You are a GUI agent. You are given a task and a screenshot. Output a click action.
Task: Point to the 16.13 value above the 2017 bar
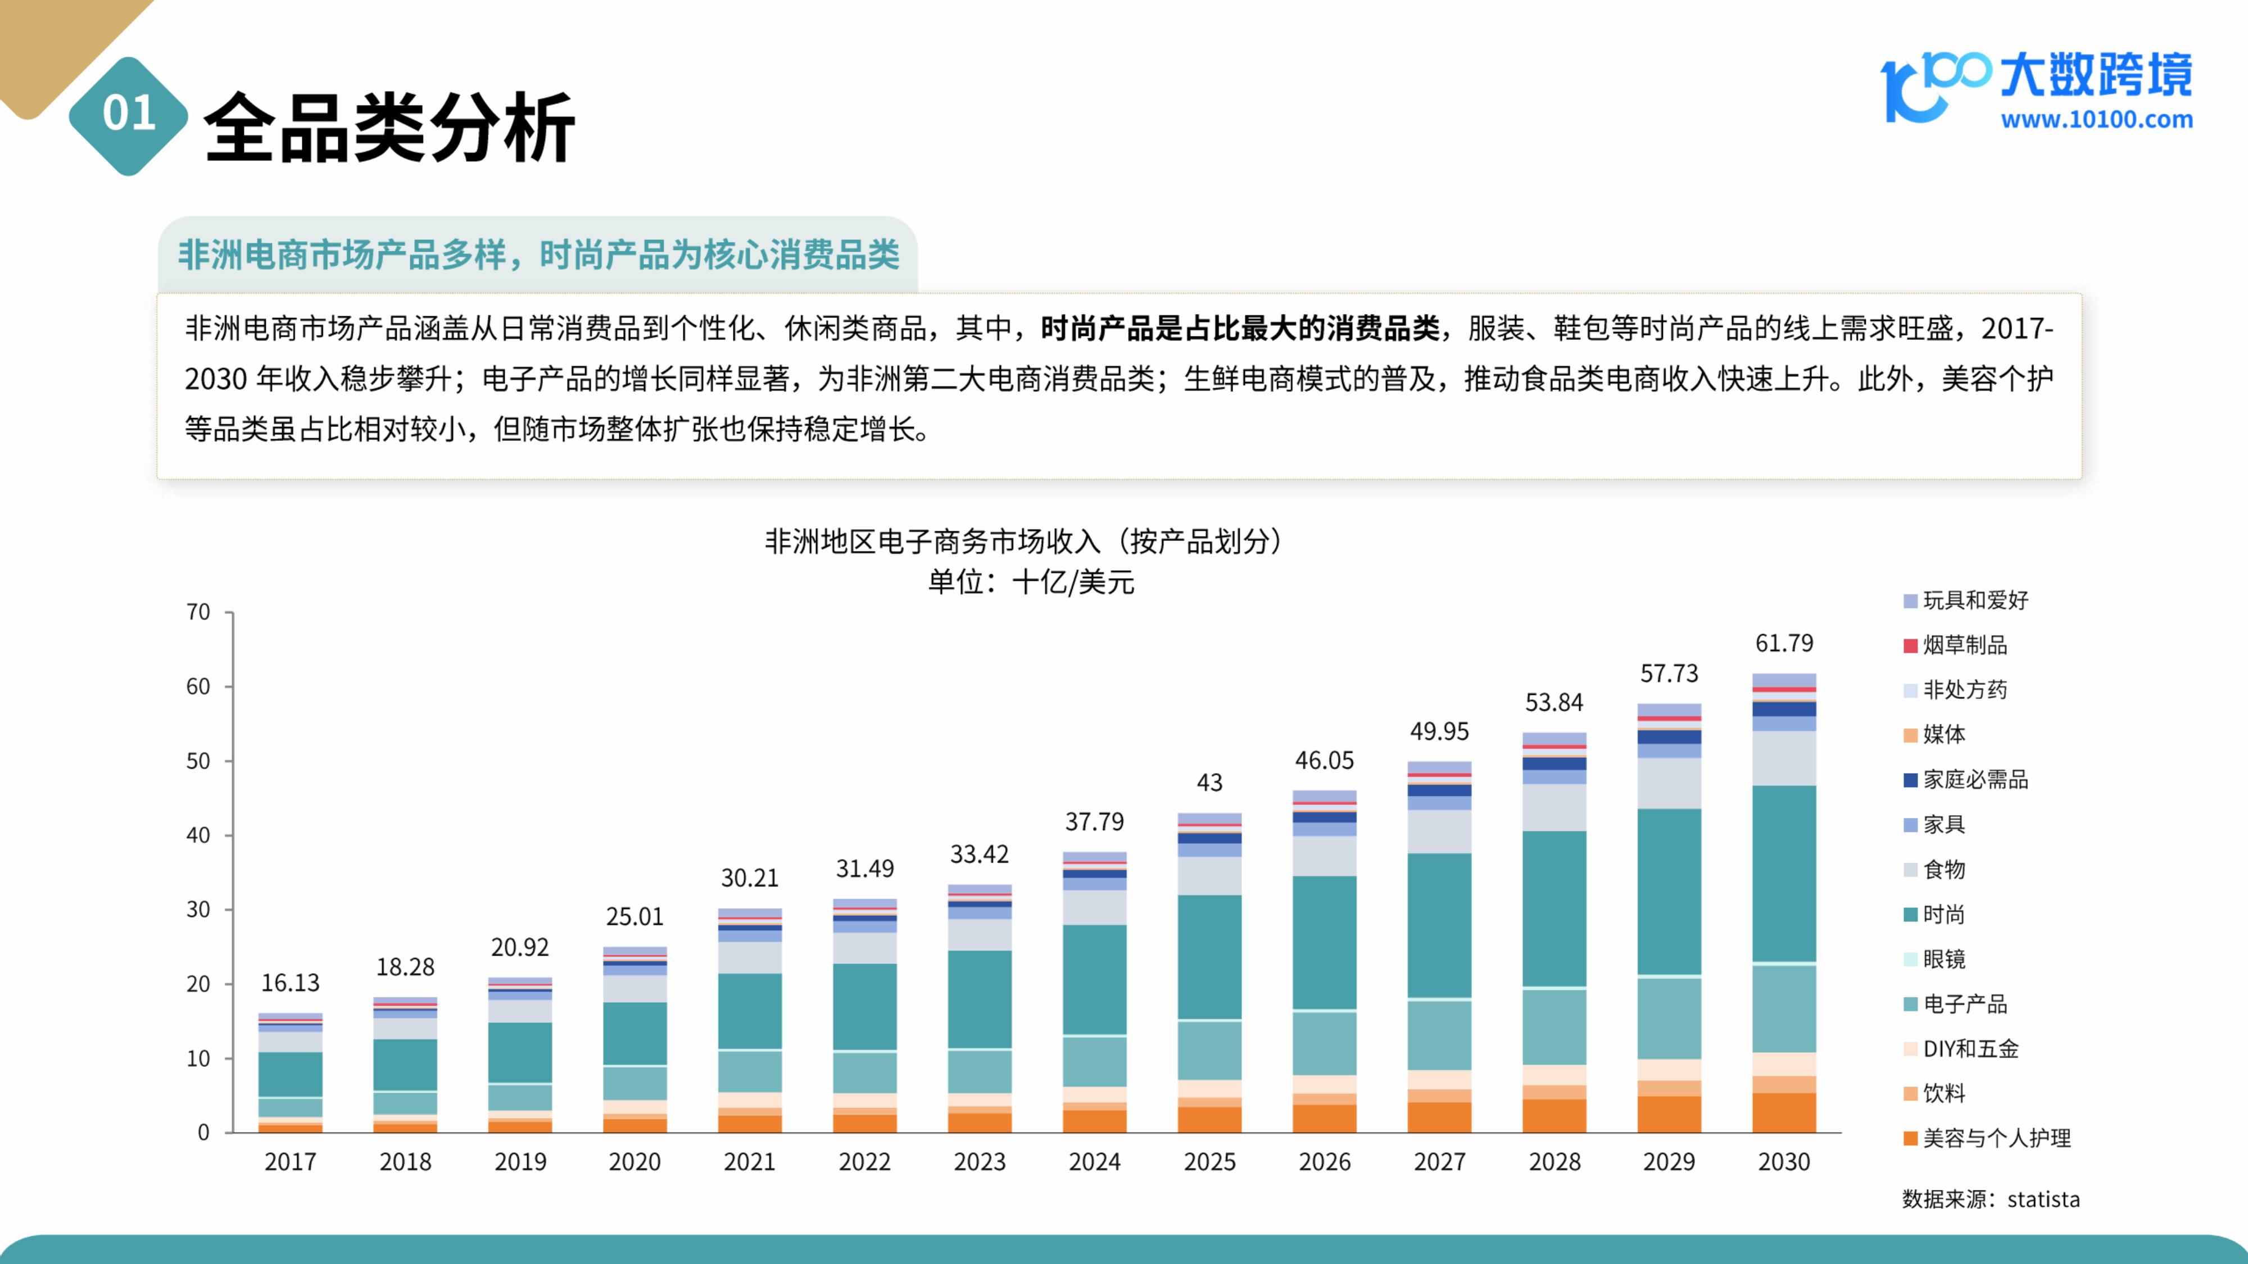290,983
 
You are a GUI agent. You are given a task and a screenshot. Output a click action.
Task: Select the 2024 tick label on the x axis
1094,1162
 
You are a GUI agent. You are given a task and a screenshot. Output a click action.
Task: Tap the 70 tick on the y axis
198,612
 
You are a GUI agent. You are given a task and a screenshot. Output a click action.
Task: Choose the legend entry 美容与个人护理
1996,1138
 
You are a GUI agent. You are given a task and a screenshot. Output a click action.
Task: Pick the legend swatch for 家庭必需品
1910,780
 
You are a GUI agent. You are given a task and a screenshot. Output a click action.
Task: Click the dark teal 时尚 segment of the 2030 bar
1784,873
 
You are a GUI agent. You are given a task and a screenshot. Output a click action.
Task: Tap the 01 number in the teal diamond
128,114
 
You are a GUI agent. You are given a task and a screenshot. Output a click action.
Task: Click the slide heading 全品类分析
389,128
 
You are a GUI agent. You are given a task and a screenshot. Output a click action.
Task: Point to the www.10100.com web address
2096,120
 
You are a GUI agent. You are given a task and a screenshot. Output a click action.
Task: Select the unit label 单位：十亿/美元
1031,582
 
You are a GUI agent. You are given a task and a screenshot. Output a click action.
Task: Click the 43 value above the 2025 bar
1209,783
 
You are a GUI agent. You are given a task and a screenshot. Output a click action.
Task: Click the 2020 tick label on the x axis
634,1162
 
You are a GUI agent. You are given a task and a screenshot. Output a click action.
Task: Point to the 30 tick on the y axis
198,910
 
